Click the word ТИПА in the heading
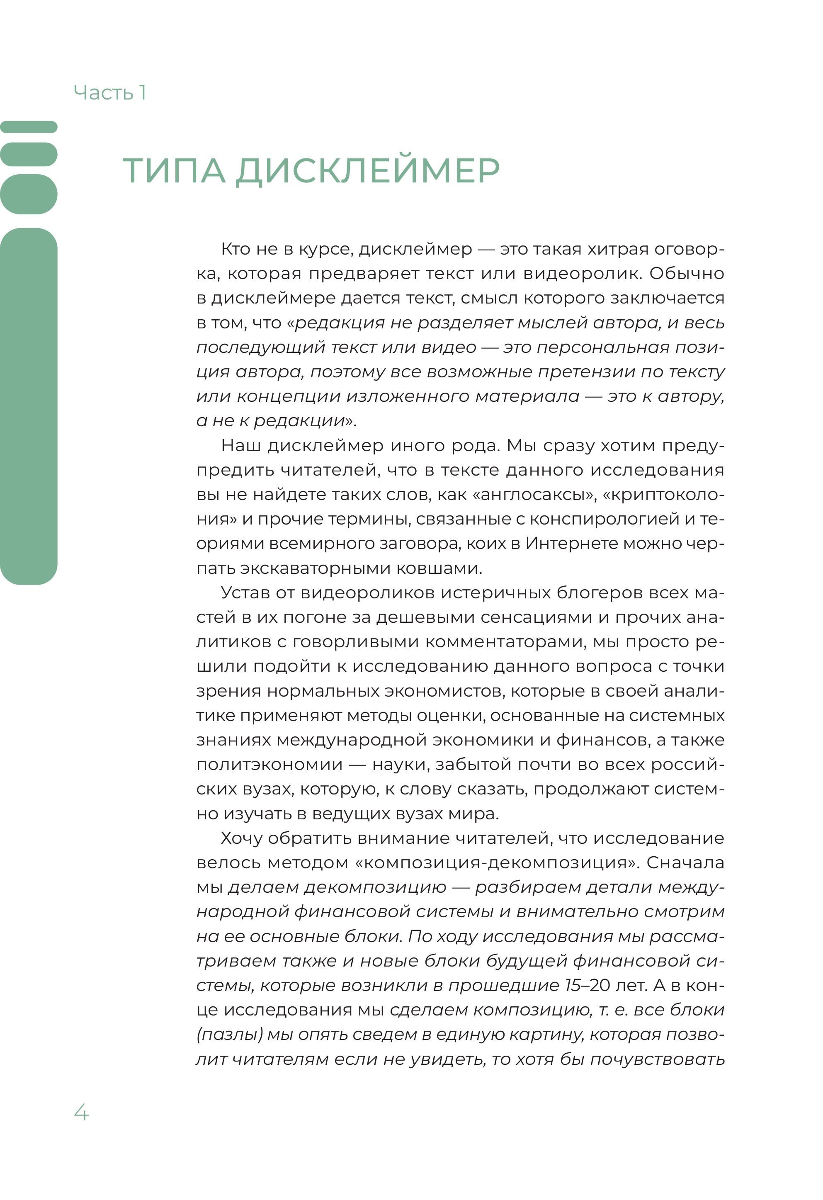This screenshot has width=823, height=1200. tap(174, 170)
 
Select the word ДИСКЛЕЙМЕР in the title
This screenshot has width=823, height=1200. tap(368, 170)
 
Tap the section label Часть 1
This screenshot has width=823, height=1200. tap(110, 93)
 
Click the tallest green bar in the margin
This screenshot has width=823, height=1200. tap(29, 406)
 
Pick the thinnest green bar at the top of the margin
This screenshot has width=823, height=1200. tap(29, 126)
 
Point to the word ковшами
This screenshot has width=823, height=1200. tap(439, 568)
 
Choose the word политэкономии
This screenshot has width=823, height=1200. tap(269, 765)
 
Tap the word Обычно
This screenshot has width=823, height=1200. tap(687, 273)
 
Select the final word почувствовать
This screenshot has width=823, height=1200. tap(658, 1059)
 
